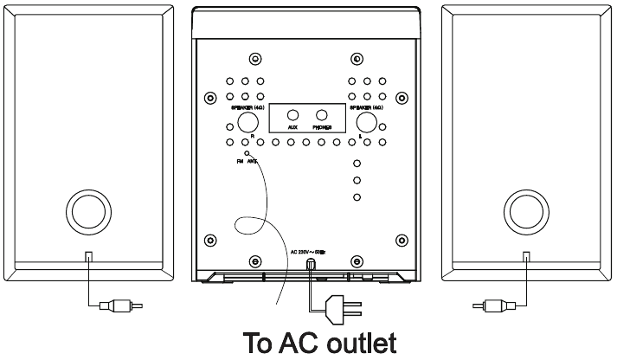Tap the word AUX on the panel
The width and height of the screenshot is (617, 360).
point(292,126)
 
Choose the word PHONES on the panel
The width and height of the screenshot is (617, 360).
point(322,126)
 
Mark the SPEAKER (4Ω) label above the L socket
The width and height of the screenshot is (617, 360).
point(366,108)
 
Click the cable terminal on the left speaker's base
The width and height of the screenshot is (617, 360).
point(88,256)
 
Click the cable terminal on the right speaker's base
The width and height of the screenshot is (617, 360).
point(527,256)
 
